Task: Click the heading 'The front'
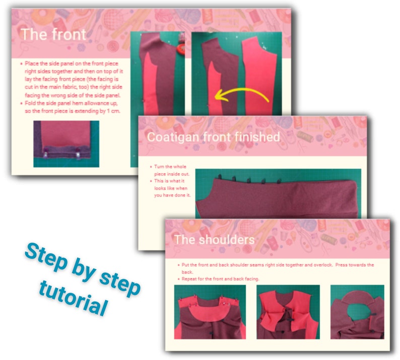click(53, 35)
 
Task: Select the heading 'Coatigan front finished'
click(213, 137)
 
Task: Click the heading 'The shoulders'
click(214, 239)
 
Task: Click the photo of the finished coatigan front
click(277, 194)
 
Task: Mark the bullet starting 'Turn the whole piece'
click(169, 170)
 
